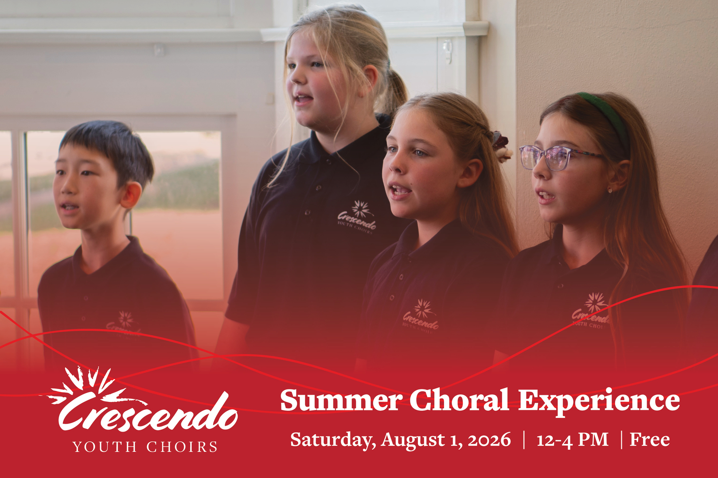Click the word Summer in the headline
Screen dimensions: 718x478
click(341, 400)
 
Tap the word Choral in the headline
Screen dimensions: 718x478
click(459, 399)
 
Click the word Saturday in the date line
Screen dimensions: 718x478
click(333, 440)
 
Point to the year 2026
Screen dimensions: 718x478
click(489, 440)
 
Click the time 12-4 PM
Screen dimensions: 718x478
click(573, 439)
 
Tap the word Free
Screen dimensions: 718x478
click(650, 439)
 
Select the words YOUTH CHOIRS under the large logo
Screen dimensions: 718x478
click(145, 447)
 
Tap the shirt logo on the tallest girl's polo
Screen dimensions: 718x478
click(357, 217)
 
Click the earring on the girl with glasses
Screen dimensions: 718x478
click(610, 190)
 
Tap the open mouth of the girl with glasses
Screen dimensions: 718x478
click(546, 195)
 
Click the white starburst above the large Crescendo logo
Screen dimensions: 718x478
click(86, 384)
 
